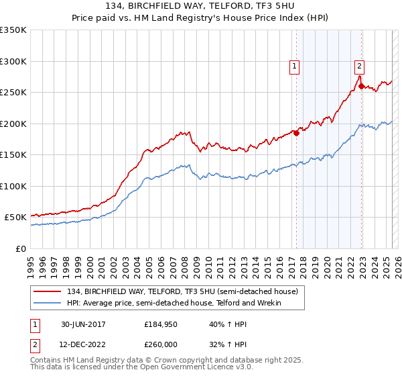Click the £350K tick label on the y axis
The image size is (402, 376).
click(13, 30)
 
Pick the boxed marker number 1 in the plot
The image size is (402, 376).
click(295, 66)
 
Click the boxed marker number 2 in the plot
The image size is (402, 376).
click(360, 66)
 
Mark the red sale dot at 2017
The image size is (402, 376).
click(296, 132)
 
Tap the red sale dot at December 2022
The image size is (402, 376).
click(360, 86)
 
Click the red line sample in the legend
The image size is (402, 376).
click(49, 291)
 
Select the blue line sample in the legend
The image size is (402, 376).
click(49, 303)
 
